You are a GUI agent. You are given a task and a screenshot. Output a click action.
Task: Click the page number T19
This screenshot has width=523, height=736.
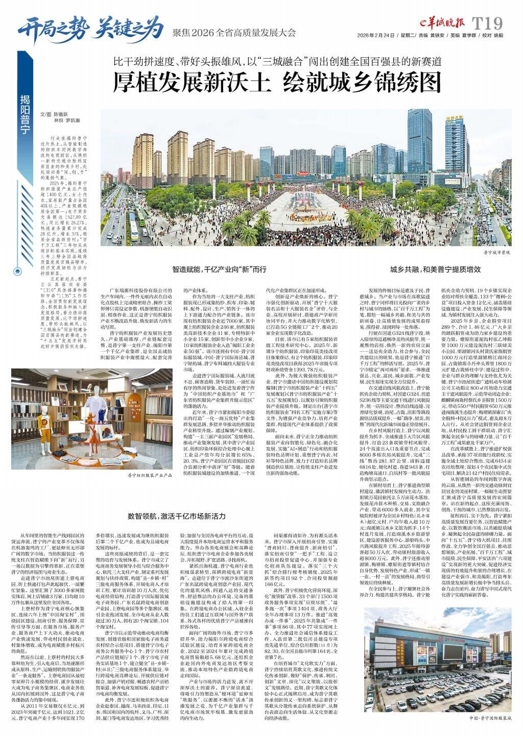[488, 23]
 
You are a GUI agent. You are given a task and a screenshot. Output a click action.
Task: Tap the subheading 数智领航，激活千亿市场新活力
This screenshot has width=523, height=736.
[176, 516]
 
